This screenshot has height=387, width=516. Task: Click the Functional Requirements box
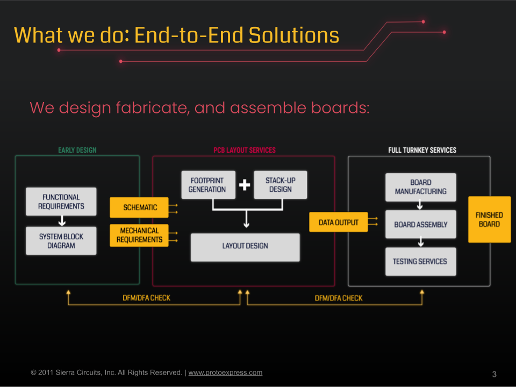coord(61,202)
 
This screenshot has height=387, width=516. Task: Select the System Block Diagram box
coord(61,241)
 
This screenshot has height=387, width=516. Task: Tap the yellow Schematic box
coord(139,207)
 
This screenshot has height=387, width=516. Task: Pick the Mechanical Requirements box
coord(139,235)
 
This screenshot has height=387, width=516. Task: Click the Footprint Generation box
coord(209,184)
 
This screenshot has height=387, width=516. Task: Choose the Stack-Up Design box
coord(281,184)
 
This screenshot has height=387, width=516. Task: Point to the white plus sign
coord(245,184)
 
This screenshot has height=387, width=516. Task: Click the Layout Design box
coord(245,247)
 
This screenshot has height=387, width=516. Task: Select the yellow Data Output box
coord(338,222)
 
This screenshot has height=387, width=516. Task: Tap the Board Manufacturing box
coord(420,187)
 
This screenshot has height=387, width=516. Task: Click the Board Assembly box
coord(420,225)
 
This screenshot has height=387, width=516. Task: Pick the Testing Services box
coord(420,262)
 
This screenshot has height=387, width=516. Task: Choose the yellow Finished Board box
coord(489,219)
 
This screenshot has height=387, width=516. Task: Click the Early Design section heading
coord(77,150)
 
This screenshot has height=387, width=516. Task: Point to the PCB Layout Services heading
coord(245,150)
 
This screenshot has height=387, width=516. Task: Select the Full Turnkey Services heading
coord(422,150)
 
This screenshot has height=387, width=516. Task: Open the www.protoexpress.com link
coord(225,372)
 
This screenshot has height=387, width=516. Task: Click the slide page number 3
coord(494,374)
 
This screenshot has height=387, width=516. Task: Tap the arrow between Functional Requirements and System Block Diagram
coord(62,221)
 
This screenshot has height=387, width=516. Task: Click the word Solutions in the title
coord(294,35)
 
